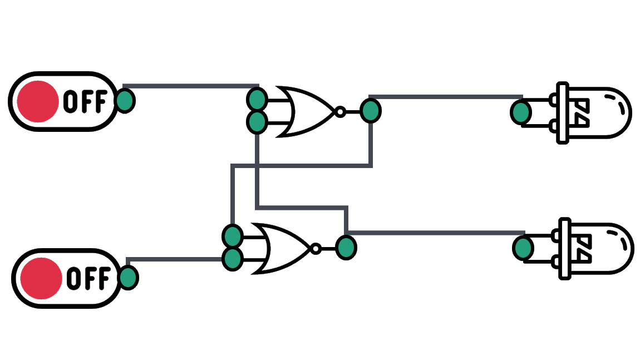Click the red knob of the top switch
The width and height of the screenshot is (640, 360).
tap(37, 101)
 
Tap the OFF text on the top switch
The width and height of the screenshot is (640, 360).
tap(85, 101)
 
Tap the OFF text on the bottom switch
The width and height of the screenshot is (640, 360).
tap(88, 278)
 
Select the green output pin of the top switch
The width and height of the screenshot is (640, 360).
tap(125, 101)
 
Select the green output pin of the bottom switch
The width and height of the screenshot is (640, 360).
tap(129, 278)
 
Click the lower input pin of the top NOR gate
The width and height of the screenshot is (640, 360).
tap(257, 122)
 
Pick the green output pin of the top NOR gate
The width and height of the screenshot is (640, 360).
tap(370, 111)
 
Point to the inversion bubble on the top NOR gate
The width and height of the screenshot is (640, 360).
tap(339, 112)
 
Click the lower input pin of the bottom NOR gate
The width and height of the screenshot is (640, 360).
tap(232, 259)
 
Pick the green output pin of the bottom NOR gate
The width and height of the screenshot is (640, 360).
tap(346, 248)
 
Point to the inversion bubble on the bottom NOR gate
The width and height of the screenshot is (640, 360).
tap(316, 248)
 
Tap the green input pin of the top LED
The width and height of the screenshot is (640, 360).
tap(521, 112)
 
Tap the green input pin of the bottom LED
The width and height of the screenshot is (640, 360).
tap(523, 248)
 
